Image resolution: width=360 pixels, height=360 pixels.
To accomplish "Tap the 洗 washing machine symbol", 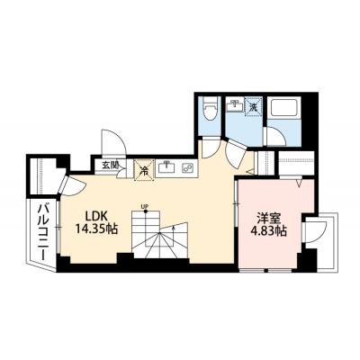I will click(x=254, y=106).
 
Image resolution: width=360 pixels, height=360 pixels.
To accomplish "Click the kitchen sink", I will click(x=166, y=166).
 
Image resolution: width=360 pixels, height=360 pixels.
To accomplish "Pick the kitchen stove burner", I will click(x=188, y=166).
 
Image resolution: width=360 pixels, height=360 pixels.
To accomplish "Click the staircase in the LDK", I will click(x=158, y=238).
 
